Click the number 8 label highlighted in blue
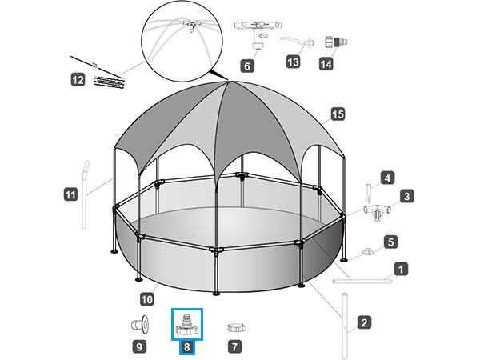tap(186, 347)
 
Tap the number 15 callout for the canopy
tap(338, 114)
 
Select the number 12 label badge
tap(78, 80)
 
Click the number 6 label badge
tap(247, 66)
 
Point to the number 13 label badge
tap(293, 62)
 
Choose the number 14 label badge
tap(326, 64)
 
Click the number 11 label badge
tap(70, 194)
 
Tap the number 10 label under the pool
tap(147, 299)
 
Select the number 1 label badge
tap(401, 270)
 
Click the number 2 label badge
tap(364, 322)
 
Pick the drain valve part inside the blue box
tap(186, 325)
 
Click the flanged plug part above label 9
tap(141, 325)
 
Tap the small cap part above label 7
tap(236, 327)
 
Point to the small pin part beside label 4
tap(369, 193)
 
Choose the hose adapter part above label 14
tap(336, 42)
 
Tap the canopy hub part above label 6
tap(258, 34)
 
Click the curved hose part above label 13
tap(298, 42)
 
